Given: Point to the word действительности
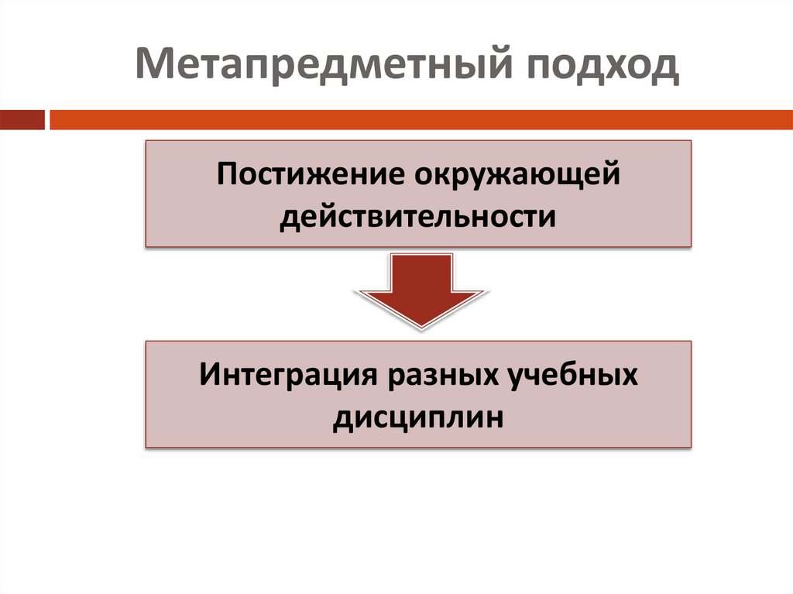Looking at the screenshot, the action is tap(418, 215).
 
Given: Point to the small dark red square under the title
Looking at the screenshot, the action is tap(22, 120).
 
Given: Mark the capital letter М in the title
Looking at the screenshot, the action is tap(153, 67).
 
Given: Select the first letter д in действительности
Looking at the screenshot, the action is tap(289, 217).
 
